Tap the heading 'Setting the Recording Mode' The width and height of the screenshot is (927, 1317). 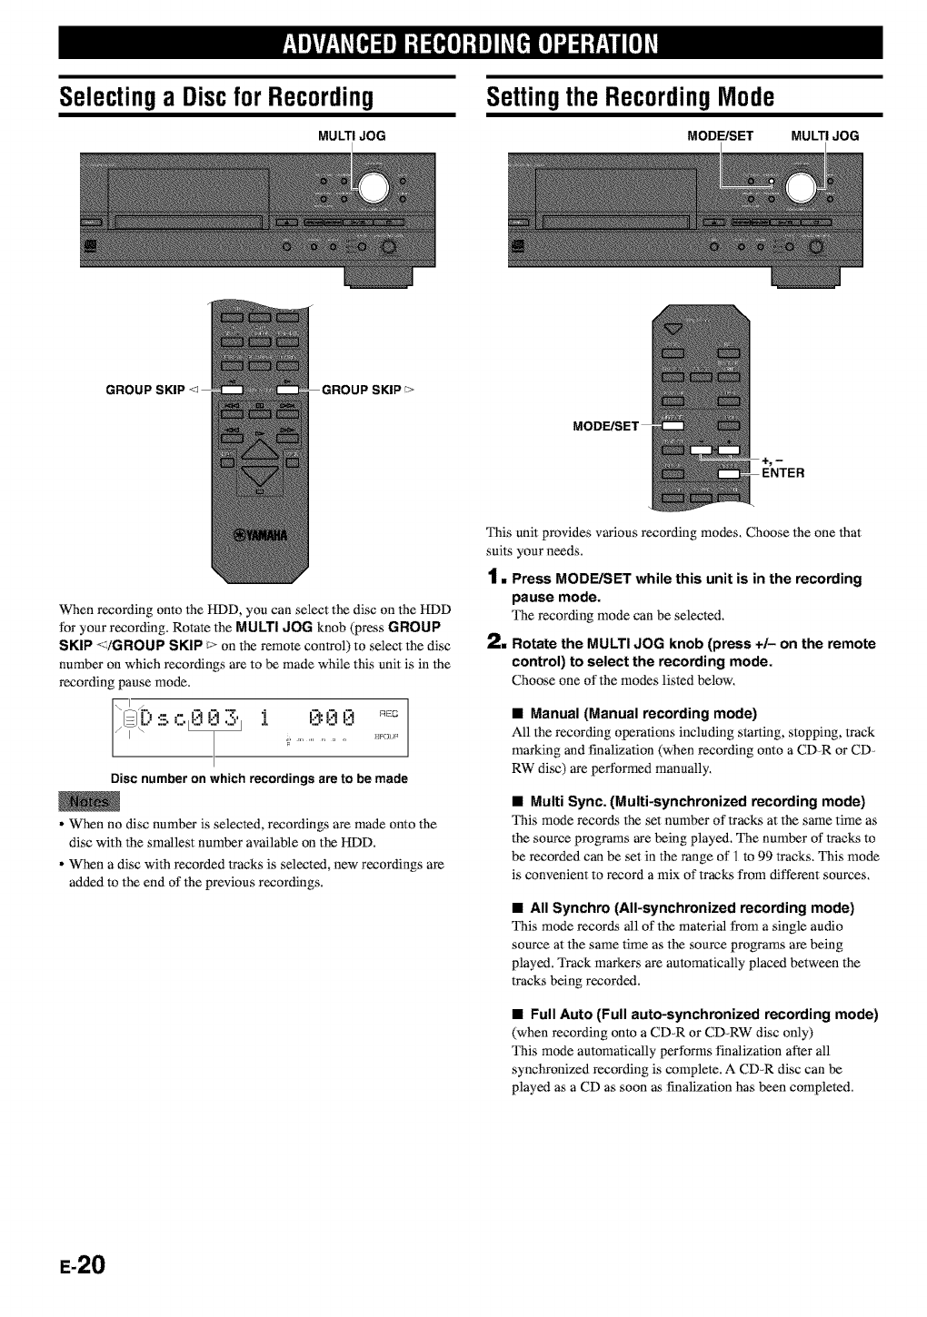coord(630,96)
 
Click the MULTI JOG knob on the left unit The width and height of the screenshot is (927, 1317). coord(376,188)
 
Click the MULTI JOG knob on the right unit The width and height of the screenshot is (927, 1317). coord(803,188)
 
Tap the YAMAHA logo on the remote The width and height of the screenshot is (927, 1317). coord(261,534)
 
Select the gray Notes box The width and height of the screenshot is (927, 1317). coord(95,801)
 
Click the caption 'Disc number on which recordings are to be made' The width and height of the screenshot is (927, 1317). coord(259,778)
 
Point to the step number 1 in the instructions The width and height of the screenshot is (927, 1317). coord(493,579)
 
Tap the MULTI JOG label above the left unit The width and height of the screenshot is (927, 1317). coord(352,136)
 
